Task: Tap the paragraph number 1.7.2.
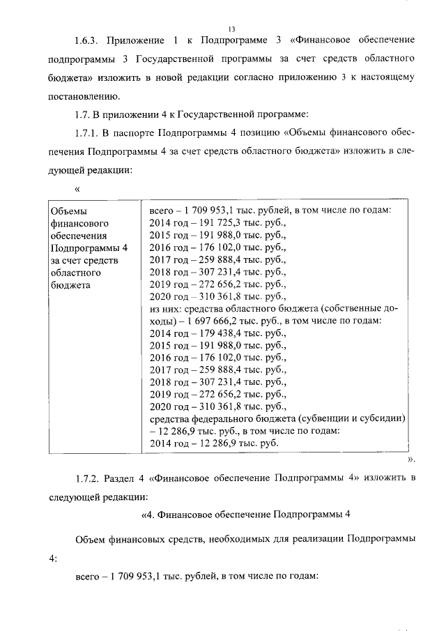pyautogui.click(x=89, y=478)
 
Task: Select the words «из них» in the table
pyautogui.click(x=166, y=310)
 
